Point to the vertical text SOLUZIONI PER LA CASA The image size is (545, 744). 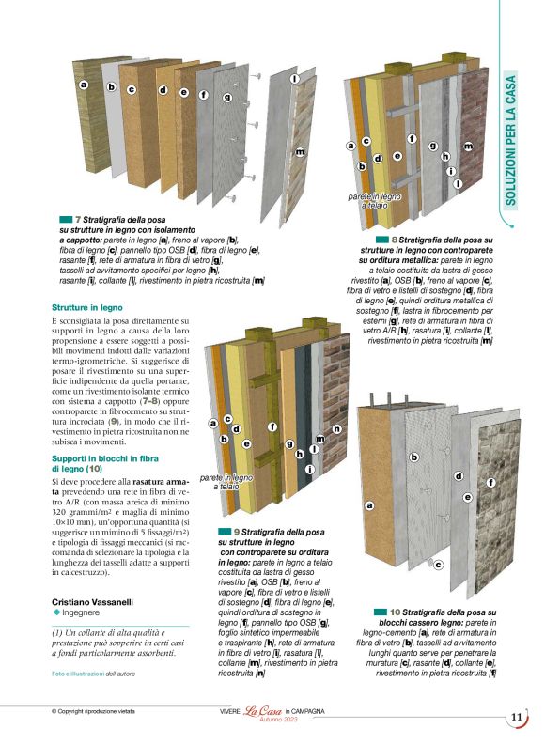click(x=511, y=140)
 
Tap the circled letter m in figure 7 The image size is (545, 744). click(x=300, y=151)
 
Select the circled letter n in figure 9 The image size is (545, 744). click(x=336, y=429)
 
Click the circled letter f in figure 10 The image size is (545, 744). click(x=490, y=482)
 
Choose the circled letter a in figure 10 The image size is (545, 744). click(x=369, y=505)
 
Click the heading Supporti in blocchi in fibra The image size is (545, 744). click(x=101, y=457)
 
